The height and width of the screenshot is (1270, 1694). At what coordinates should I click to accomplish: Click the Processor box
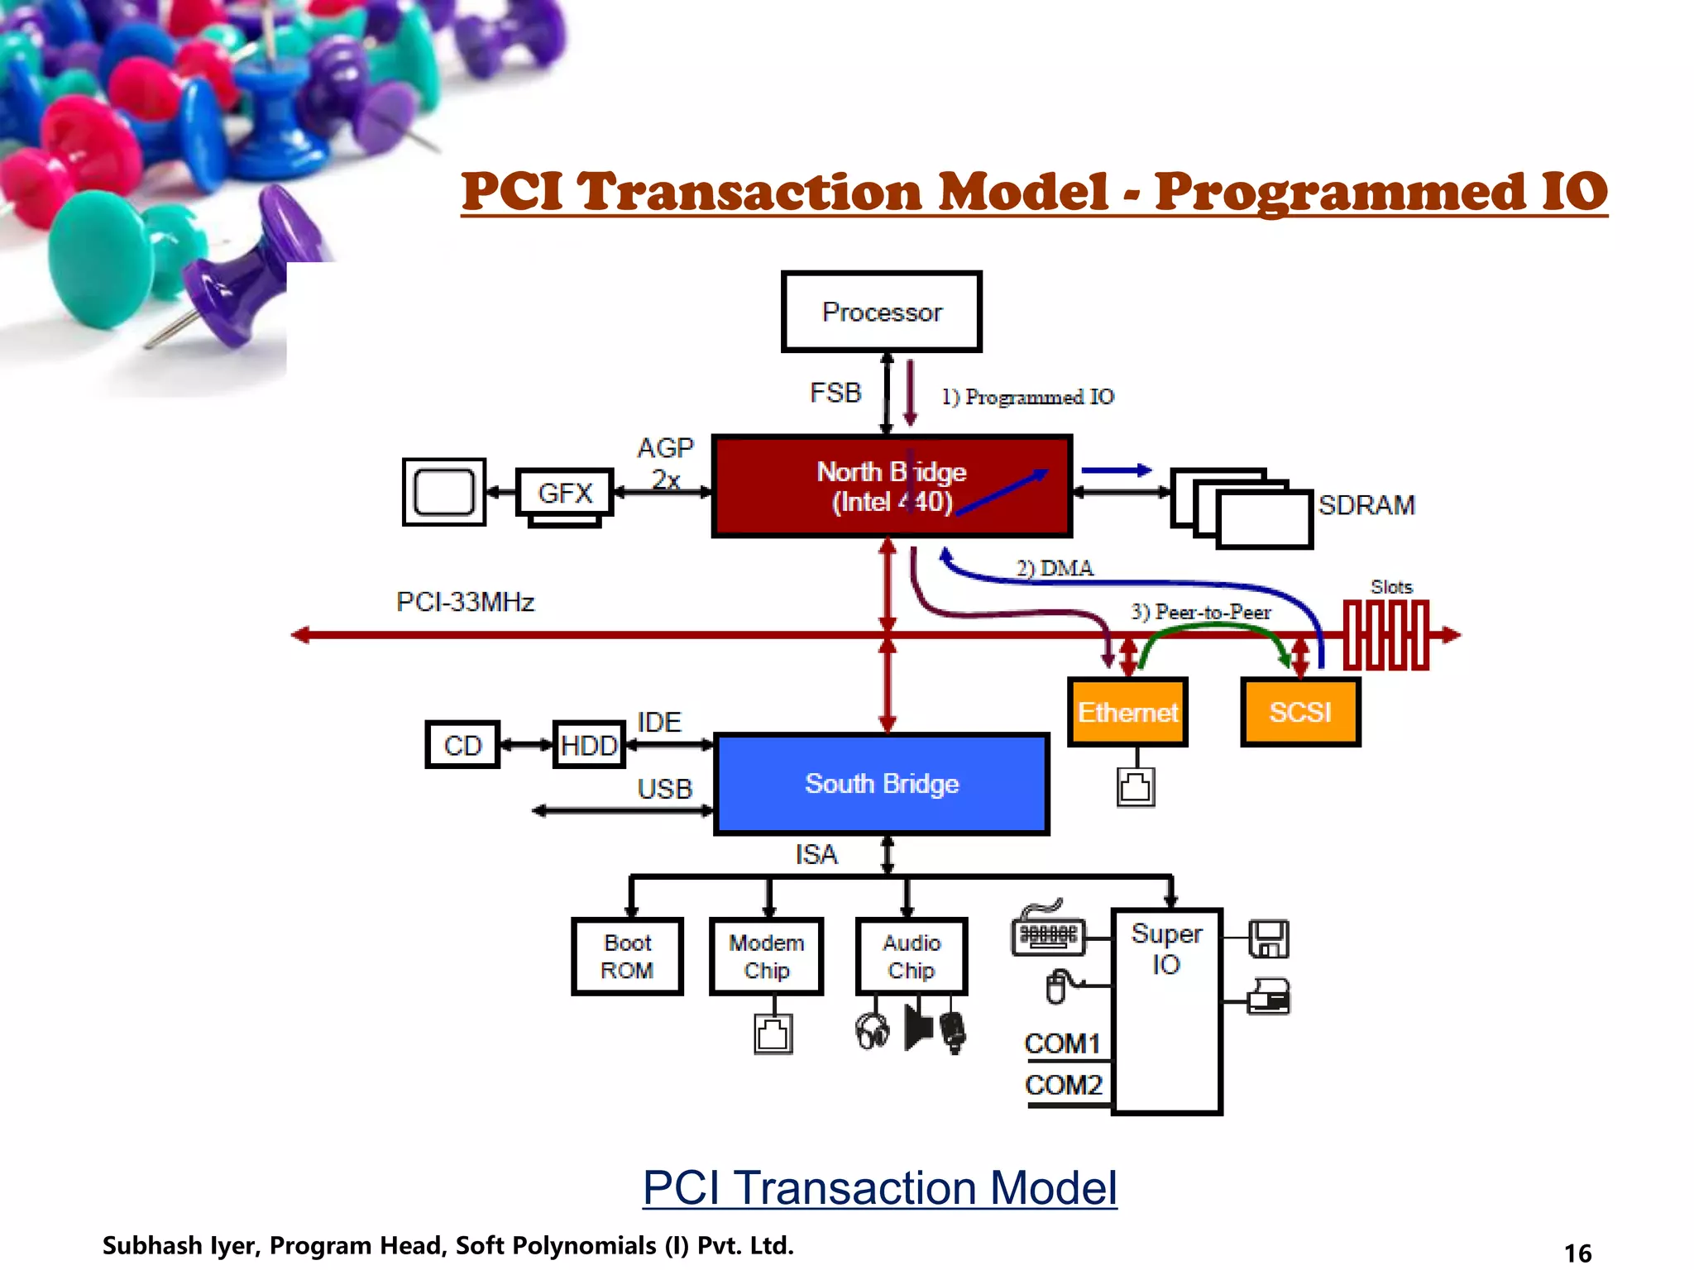(x=881, y=312)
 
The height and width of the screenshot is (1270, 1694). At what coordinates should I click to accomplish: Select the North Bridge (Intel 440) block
(x=892, y=486)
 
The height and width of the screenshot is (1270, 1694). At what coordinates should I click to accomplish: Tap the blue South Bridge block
(x=882, y=783)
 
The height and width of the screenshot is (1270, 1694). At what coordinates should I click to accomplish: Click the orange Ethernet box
(x=1127, y=712)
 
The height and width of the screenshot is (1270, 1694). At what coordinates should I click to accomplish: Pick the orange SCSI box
(x=1300, y=712)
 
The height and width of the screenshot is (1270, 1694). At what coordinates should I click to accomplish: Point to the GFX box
(x=565, y=493)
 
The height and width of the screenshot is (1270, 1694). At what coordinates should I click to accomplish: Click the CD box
(x=462, y=745)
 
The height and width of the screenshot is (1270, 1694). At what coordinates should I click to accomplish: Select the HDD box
(x=589, y=745)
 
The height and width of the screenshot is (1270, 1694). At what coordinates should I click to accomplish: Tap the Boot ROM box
(x=627, y=957)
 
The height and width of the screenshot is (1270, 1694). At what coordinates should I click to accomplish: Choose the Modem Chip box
(x=766, y=957)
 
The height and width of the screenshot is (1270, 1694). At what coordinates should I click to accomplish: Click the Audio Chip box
(x=912, y=957)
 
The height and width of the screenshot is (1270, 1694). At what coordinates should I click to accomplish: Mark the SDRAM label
(x=1366, y=504)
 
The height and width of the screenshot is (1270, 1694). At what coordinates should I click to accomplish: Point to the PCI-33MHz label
(x=465, y=601)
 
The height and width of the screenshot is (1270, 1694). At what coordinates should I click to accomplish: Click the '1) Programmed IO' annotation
(x=1028, y=397)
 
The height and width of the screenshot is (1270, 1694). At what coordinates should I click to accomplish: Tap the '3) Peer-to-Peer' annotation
(x=1201, y=612)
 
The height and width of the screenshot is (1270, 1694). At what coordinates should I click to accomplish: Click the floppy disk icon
(x=1268, y=938)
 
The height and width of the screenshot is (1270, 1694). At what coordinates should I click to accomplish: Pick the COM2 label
(x=1064, y=1084)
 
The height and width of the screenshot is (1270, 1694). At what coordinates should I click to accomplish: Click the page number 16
(x=1577, y=1253)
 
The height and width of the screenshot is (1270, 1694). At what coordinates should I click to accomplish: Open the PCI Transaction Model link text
(x=879, y=1188)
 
